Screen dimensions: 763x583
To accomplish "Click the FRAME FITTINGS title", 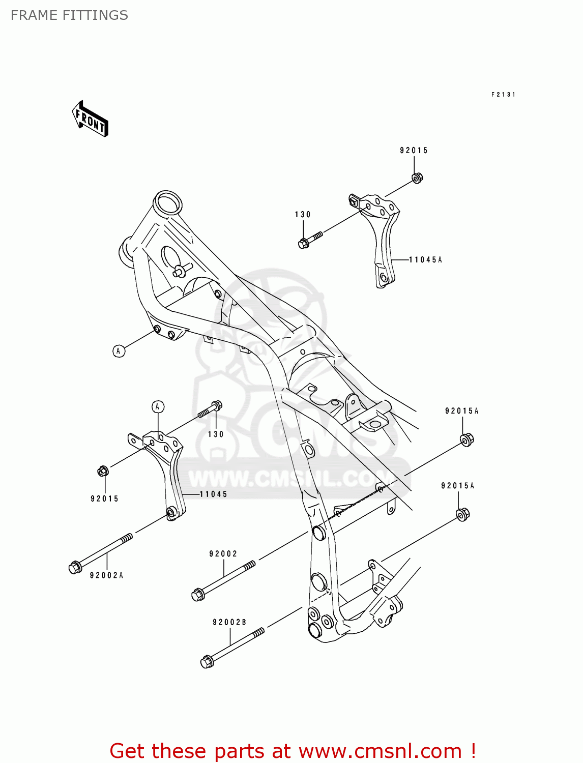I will (69, 15).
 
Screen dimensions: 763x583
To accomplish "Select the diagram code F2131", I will (503, 95).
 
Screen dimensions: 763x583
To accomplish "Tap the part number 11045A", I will (425, 260).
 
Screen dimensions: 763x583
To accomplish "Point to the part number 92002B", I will (229, 622).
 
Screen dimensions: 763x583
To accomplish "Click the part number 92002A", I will (106, 575).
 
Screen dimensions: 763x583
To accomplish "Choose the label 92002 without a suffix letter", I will (223, 554).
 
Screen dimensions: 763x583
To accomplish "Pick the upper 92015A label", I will (462, 411).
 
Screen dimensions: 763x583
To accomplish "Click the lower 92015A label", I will (458, 486).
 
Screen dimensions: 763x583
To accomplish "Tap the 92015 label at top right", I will (414, 151).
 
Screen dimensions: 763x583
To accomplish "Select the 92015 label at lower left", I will (105, 499).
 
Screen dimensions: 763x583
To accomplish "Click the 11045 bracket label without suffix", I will (213, 494).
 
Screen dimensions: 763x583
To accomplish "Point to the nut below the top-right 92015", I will (417, 178).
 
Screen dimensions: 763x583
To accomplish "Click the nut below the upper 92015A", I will (467, 439).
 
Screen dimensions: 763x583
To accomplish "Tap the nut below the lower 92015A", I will (462, 514).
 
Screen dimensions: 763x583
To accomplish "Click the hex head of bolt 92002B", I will (207, 662).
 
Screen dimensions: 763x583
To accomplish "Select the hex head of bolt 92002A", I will (75, 567).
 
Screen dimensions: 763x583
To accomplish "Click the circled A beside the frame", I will (119, 351).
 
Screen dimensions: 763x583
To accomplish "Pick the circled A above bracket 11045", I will (158, 406).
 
